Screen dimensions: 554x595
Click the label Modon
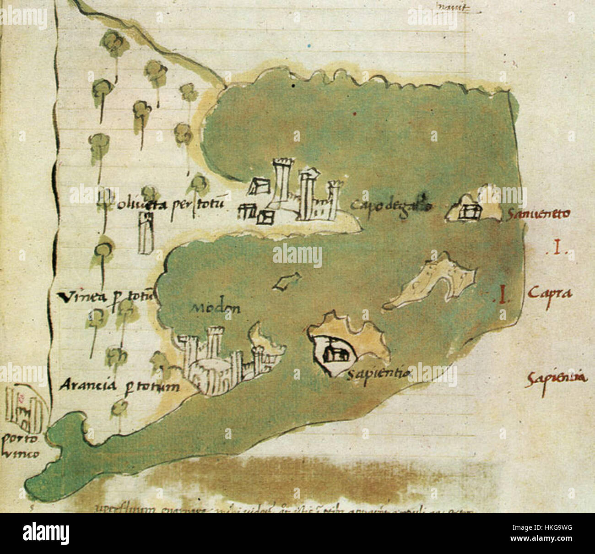tap(215, 308)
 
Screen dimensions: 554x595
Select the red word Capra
tap(550, 293)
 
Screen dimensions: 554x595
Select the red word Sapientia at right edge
tap(556, 379)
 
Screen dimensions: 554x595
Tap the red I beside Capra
tap(503, 294)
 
